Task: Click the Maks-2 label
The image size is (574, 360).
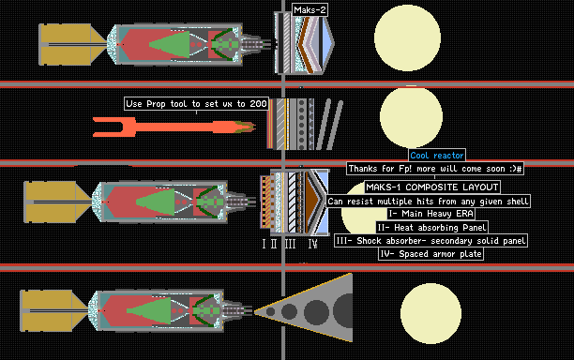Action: [310, 10]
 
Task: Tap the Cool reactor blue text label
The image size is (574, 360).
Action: [437, 155]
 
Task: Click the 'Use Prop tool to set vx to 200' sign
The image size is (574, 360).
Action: [197, 104]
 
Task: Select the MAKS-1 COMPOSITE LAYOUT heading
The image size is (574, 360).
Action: [432, 187]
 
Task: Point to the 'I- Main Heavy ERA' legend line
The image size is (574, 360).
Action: [431, 214]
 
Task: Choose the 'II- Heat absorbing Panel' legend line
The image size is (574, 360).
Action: [432, 227]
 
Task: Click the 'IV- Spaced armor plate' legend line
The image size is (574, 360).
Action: [430, 253]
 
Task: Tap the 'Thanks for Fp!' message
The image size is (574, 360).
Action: [435, 169]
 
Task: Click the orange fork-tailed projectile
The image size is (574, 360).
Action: [174, 127]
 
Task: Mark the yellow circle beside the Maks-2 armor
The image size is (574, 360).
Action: [407, 37]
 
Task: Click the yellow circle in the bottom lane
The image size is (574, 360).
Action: [430, 313]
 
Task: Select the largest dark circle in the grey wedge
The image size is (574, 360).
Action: [343, 311]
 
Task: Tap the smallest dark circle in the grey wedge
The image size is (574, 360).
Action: [270, 311]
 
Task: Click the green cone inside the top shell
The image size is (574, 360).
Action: [170, 45]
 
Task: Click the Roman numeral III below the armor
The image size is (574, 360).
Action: [291, 244]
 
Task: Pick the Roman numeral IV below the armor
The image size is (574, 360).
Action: [313, 244]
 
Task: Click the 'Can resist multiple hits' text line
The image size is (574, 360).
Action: [428, 201]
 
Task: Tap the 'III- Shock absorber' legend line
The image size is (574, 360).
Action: [430, 240]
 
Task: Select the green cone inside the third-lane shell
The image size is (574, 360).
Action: [155, 202]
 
